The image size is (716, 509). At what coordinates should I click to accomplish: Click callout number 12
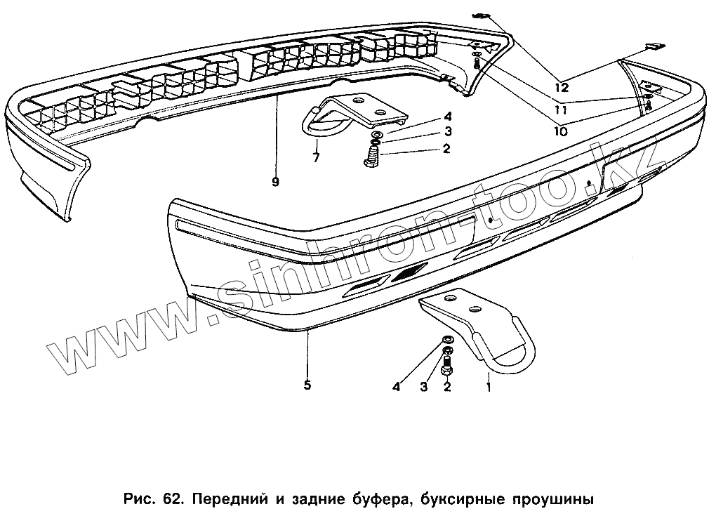pyautogui.click(x=560, y=88)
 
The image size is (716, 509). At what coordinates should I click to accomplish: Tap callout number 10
pyautogui.click(x=560, y=130)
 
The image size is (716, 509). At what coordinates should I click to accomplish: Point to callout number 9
pyautogui.click(x=274, y=182)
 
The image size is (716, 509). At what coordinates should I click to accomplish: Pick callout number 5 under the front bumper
pyautogui.click(x=307, y=385)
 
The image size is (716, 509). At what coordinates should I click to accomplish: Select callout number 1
pyautogui.click(x=489, y=385)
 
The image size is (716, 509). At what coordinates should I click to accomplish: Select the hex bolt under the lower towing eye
pyautogui.click(x=447, y=364)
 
